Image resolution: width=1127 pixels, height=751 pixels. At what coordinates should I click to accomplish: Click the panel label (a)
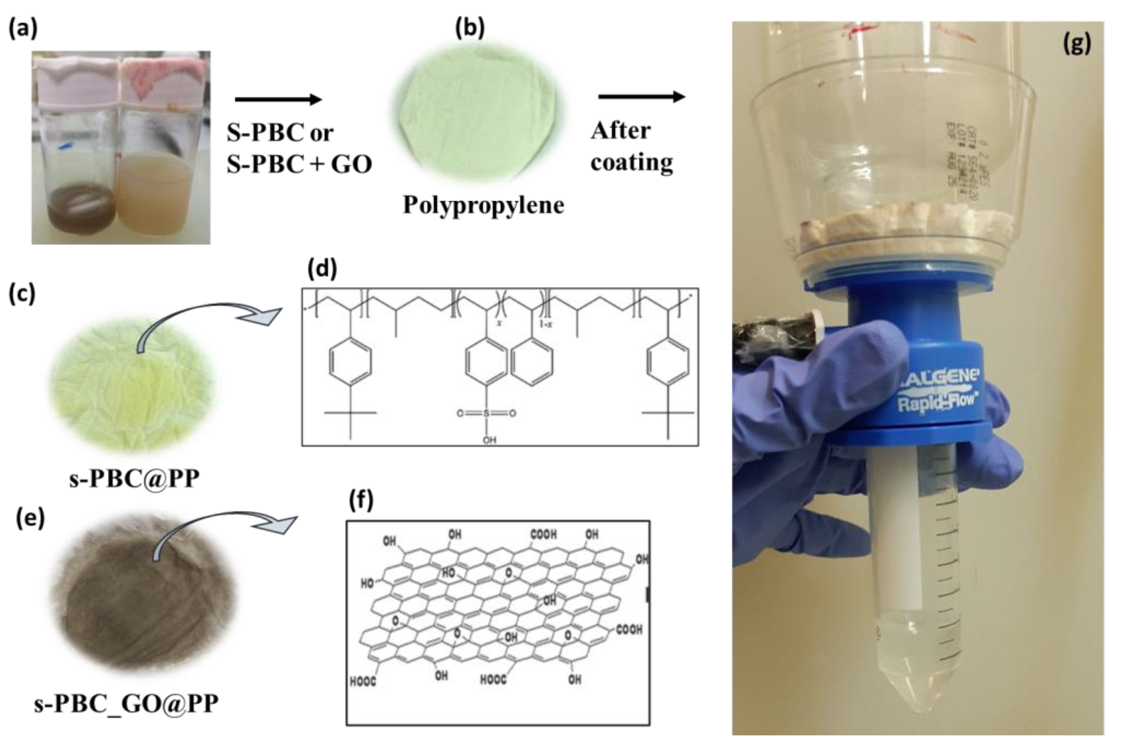pyautogui.click(x=23, y=29)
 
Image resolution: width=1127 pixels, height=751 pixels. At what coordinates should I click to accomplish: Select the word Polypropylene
pyautogui.click(x=483, y=205)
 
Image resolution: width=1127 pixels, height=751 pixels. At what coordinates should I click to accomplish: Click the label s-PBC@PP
pyautogui.click(x=134, y=478)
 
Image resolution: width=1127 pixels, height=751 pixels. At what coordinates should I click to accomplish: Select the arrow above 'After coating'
pyautogui.click(x=642, y=97)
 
